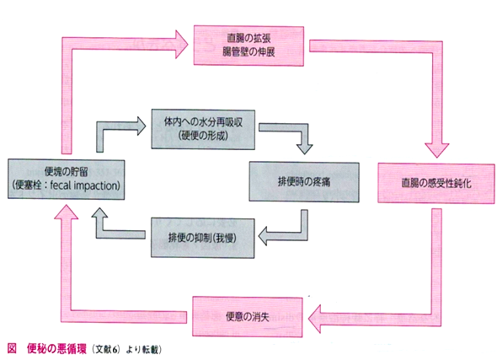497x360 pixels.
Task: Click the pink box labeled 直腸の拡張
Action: tap(248, 46)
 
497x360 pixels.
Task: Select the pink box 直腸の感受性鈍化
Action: tap(436, 183)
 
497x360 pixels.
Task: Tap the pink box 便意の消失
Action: tap(247, 316)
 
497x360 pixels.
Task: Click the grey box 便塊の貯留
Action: tap(67, 180)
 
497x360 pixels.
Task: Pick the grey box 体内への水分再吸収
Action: tap(203, 129)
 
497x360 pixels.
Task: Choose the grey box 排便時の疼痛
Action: tap(304, 182)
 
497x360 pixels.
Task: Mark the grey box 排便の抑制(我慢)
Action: tap(202, 238)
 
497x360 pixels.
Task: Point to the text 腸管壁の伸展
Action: tap(248, 51)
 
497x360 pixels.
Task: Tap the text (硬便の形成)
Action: tap(203, 136)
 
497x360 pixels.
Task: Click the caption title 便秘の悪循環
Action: tap(56, 349)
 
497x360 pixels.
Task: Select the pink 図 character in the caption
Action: tap(12, 348)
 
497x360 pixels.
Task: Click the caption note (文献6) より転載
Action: tap(127, 349)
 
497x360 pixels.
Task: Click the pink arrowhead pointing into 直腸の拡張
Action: tap(182, 44)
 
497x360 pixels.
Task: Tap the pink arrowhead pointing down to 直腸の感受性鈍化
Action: tap(437, 150)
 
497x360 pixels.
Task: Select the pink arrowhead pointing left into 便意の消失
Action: tap(314, 319)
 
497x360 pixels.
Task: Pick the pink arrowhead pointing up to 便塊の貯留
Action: tap(66, 212)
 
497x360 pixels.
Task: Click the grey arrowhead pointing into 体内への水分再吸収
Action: tap(142, 126)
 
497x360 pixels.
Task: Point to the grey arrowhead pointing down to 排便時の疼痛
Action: tap(304, 149)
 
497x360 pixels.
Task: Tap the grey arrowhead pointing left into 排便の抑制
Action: tap(263, 236)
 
